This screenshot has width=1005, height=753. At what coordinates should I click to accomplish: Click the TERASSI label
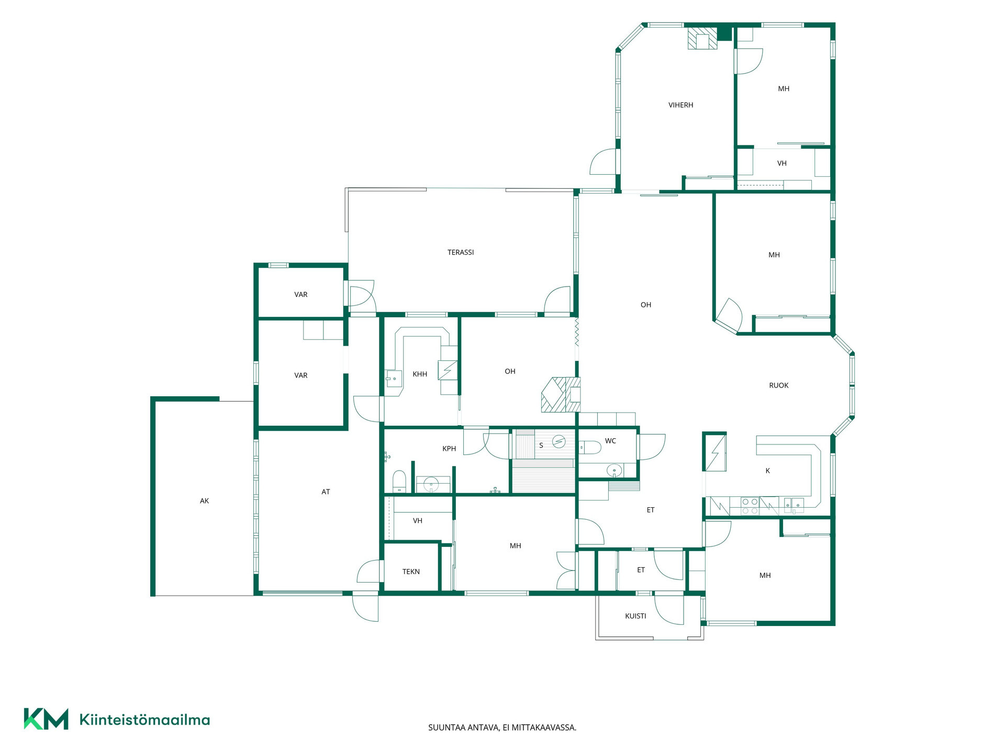click(461, 253)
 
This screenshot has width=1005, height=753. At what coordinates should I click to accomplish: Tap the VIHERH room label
click(680, 105)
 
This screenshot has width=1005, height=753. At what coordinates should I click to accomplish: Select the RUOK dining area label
click(779, 385)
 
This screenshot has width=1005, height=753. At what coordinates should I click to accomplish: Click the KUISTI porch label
click(635, 616)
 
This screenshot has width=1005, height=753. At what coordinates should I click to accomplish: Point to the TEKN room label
click(411, 572)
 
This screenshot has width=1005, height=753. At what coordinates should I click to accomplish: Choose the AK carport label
click(204, 501)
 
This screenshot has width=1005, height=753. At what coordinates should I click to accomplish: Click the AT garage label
click(326, 492)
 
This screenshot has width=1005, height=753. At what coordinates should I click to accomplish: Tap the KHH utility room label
click(420, 374)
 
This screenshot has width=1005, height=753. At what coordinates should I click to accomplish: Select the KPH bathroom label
click(449, 449)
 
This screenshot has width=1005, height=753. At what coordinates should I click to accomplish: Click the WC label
click(610, 441)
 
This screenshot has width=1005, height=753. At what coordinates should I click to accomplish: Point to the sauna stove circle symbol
click(559, 442)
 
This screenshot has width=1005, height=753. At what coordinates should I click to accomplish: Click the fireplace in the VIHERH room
click(702, 38)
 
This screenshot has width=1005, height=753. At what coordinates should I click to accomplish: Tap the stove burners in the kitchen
click(750, 506)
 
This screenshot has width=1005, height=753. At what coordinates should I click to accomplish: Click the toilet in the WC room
click(589, 448)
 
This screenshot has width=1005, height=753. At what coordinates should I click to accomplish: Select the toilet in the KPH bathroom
click(399, 482)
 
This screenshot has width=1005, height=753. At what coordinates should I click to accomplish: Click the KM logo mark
click(46, 719)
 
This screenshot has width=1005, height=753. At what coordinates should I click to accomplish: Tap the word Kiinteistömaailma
click(144, 720)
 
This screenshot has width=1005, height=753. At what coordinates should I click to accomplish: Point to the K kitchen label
click(768, 471)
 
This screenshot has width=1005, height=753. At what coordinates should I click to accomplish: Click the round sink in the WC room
click(615, 471)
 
